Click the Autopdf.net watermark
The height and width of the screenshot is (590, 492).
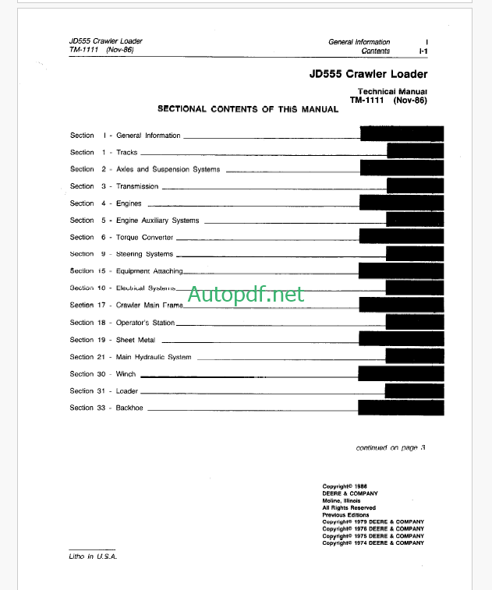click(x=246, y=294)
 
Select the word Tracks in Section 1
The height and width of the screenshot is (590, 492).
click(x=126, y=153)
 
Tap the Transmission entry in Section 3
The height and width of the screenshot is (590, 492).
click(x=137, y=186)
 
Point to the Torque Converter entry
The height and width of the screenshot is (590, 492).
click(x=145, y=238)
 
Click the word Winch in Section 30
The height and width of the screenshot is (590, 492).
click(x=126, y=374)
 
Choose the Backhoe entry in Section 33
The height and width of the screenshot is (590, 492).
click(x=129, y=408)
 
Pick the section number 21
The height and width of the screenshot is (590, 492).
click(x=101, y=357)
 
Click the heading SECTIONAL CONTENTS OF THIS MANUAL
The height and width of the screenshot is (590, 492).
click(x=248, y=109)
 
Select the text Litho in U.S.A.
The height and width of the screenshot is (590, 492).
click(x=92, y=556)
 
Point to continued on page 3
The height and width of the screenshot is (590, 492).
click(x=391, y=447)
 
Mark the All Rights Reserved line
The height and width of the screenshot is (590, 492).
click(x=349, y=507)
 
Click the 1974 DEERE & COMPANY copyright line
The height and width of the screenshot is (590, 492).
click(x=373, y=543)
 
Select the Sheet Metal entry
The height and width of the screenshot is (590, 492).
click(x=136, y=340)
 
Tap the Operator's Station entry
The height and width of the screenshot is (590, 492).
click(x=146, y=323)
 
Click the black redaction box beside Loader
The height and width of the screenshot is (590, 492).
click(x=414, y=390)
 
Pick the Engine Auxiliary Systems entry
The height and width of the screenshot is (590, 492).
click(x=158, y=221)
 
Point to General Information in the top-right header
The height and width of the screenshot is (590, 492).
click(x=359, y=42)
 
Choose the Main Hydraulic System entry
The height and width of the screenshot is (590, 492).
click(x=154, y=357)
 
